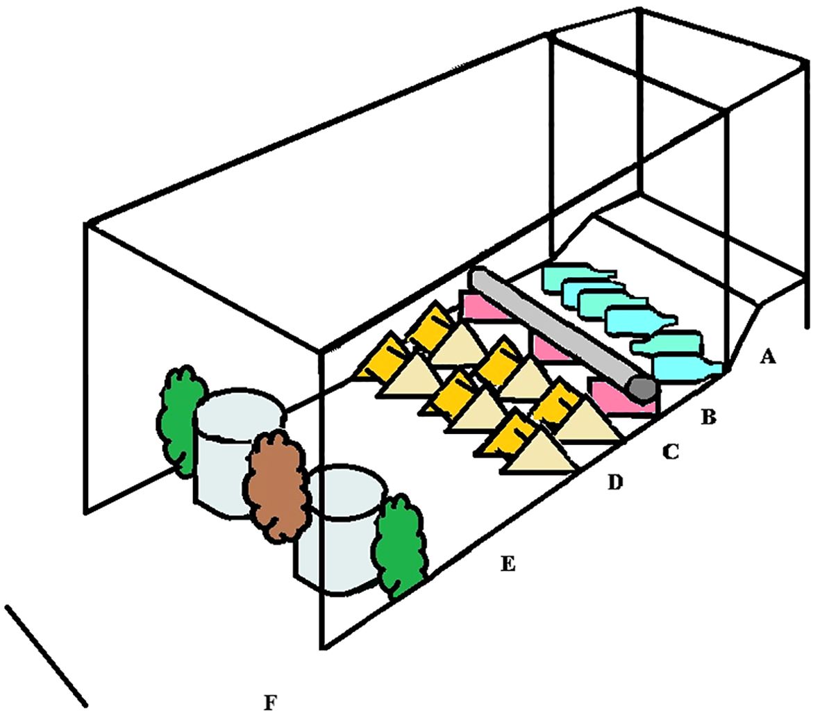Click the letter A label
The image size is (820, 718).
[x=767, y=357]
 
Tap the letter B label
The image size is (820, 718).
[x=708, y=417]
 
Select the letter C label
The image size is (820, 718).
[x=670, y=451]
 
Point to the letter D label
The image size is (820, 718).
[x=615, y=481]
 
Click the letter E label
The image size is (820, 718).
[x=508, y=564]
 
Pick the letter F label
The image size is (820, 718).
[x=270, y=703]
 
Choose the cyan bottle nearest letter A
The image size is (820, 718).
[x=684, y=367]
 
